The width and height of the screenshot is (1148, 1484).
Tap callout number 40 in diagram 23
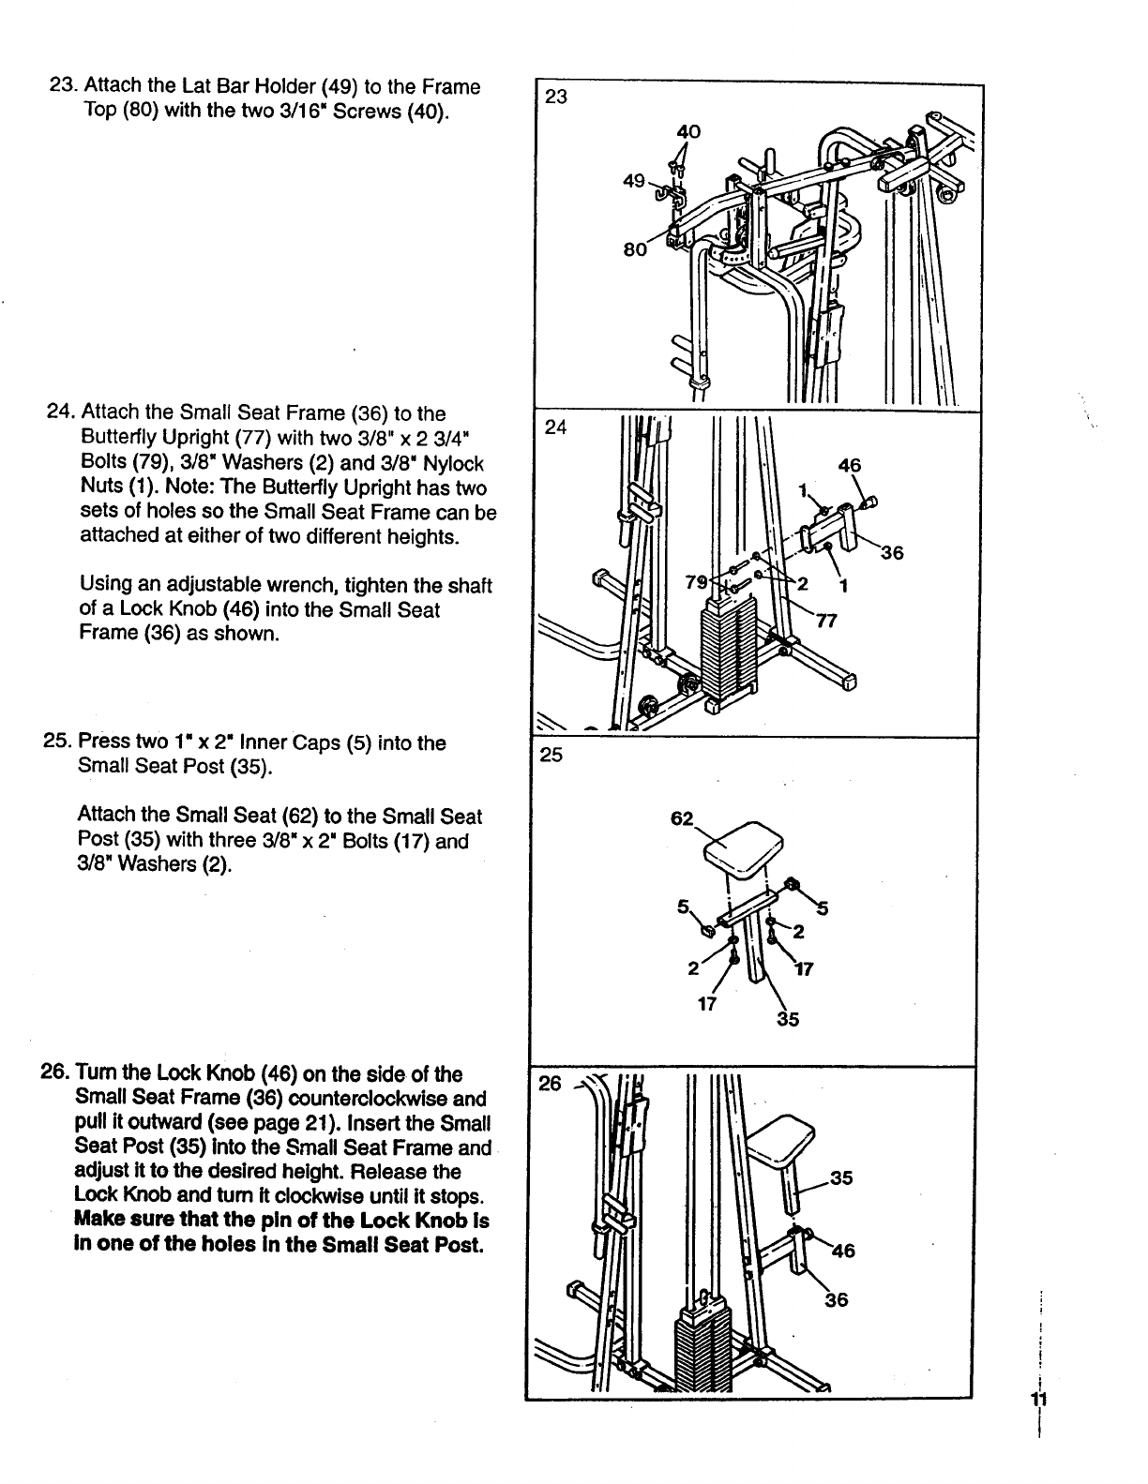(688, 132)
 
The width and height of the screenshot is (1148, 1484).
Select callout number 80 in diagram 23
(634, 250)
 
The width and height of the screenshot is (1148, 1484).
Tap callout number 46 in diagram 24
(850, 464)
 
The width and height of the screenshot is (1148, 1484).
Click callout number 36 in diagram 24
(891, 553)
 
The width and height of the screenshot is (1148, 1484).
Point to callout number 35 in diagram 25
(788, 1019)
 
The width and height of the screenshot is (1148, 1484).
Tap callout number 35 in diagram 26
(841, 1177)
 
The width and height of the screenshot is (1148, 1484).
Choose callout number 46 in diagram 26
(843, 1250)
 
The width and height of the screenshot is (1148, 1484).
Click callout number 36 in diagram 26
(837, 1299)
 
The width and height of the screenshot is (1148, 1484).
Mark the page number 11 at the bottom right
(1038, 1400)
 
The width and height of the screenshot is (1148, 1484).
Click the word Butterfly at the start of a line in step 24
(115, 438)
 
